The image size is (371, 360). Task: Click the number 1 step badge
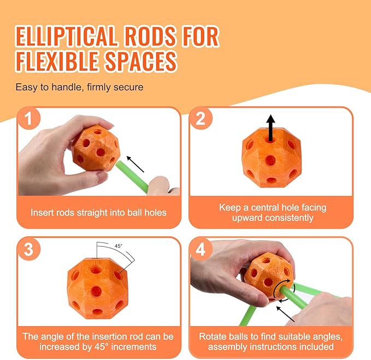coord(28,118)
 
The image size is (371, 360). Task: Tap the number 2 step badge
coord(201,118)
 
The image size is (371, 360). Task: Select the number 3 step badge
coord(28,249)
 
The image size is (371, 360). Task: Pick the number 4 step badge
coord(201,249)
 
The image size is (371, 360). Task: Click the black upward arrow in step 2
coord(270,128)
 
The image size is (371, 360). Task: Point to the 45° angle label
coord(119,246)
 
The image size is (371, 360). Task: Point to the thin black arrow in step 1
coord(135,164)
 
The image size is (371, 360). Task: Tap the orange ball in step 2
coord(272,158)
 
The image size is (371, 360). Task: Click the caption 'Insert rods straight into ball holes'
coord(99,212)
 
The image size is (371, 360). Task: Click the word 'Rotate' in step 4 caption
coord(212,336)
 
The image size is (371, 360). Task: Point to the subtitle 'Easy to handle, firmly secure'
coord(80,87)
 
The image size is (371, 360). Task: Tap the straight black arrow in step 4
coord(285,314)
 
